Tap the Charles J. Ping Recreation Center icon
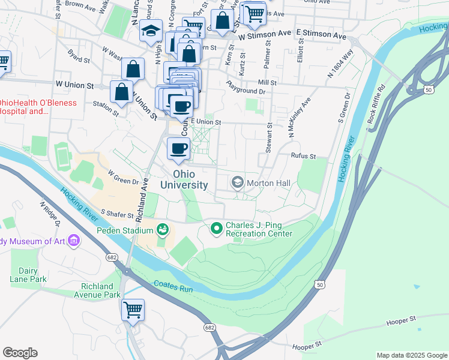coord(216,227)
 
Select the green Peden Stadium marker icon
coord(162,229)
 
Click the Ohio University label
coord(184,179)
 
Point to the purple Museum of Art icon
coord(74,241)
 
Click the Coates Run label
coord(173,286)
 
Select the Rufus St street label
coord(303,155)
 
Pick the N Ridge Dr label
coord(50,214)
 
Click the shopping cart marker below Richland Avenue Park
coord(133,310)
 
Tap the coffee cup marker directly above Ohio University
coord(178,148)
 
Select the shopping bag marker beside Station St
coord(121,92)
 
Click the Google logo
coord(20,353)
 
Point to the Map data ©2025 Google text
coord(411,355)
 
